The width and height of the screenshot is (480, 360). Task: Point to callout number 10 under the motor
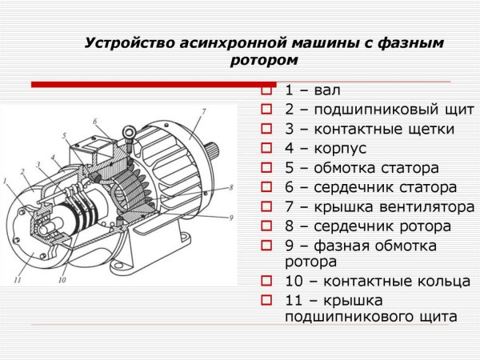click(x=62, y=280)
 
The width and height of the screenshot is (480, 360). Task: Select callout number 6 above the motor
click(x=94, y=122)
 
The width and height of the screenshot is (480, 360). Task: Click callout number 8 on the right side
click(x=230, y=187)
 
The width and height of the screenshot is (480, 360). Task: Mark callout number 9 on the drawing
click(x=230, y=218)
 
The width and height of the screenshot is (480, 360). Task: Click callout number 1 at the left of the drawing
click(x=7, y=183)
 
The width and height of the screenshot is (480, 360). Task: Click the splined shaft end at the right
click(x=217, y=153)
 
